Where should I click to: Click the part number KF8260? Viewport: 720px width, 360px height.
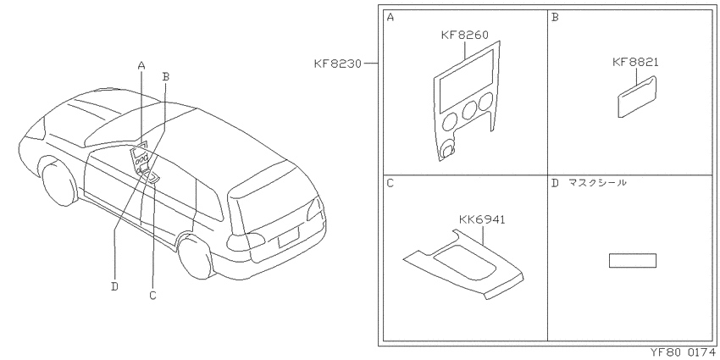[464, 36]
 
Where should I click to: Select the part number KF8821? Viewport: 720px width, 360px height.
[635, 62]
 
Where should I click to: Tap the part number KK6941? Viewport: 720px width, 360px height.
[482, 220]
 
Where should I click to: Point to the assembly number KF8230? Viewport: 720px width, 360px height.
[338, 64]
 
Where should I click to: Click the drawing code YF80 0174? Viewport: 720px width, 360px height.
[683, 352]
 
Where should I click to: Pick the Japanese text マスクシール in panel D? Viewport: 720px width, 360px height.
[596, 183]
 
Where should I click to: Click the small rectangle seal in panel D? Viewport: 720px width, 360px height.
[632, 260]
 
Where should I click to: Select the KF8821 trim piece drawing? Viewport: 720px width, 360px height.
[637, 97]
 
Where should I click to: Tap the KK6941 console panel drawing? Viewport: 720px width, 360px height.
[464, 265]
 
